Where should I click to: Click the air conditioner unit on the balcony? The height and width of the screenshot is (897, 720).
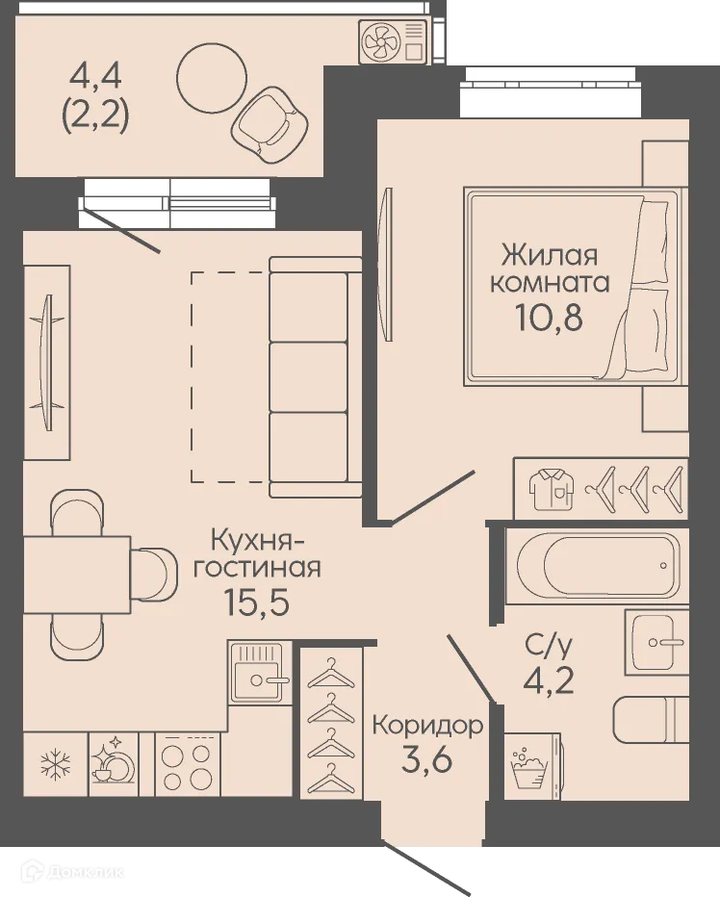click(393, 42)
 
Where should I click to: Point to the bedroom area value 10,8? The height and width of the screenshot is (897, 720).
click(551, 316)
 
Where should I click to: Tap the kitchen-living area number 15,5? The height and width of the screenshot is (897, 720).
click(256, 602)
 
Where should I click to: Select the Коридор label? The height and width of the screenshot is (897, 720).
click(426, 724)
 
